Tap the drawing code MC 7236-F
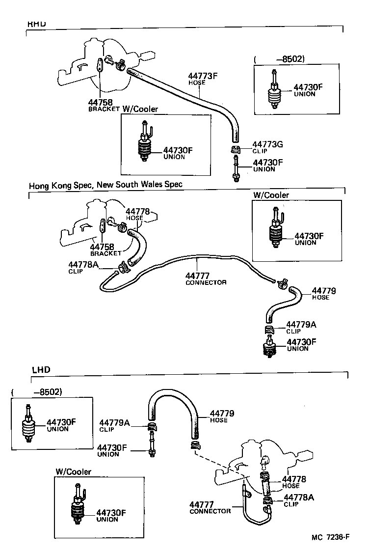pos(330,537)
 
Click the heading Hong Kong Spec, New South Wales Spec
pos(105,185)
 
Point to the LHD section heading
pos(41,369)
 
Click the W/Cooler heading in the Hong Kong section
pos(271,195)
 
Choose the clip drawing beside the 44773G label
pos(235,149)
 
